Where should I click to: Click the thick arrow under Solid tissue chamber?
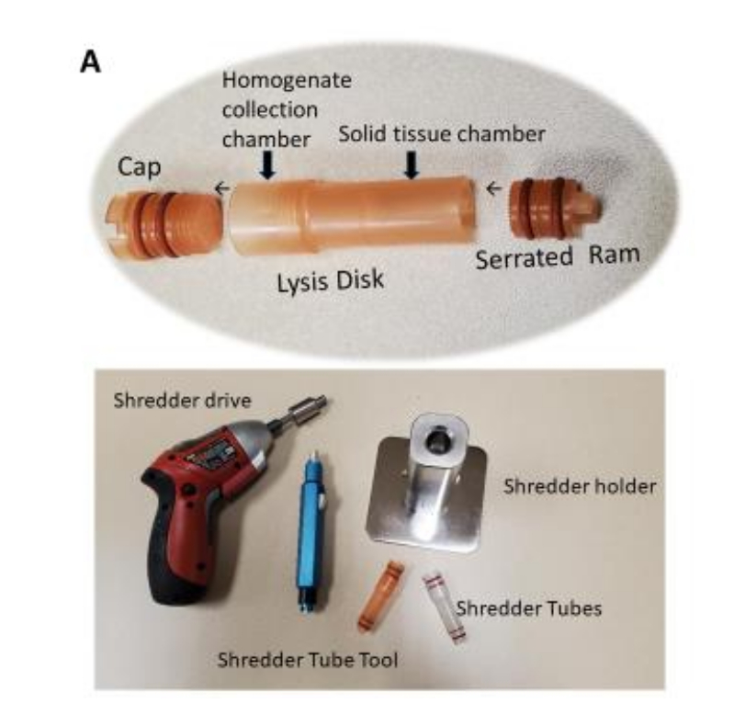click(412, 164)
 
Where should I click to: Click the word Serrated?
click(524, 259)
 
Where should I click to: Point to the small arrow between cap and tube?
click(221, 188)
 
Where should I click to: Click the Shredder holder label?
click(580, 485)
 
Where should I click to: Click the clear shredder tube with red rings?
click(435, 603)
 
